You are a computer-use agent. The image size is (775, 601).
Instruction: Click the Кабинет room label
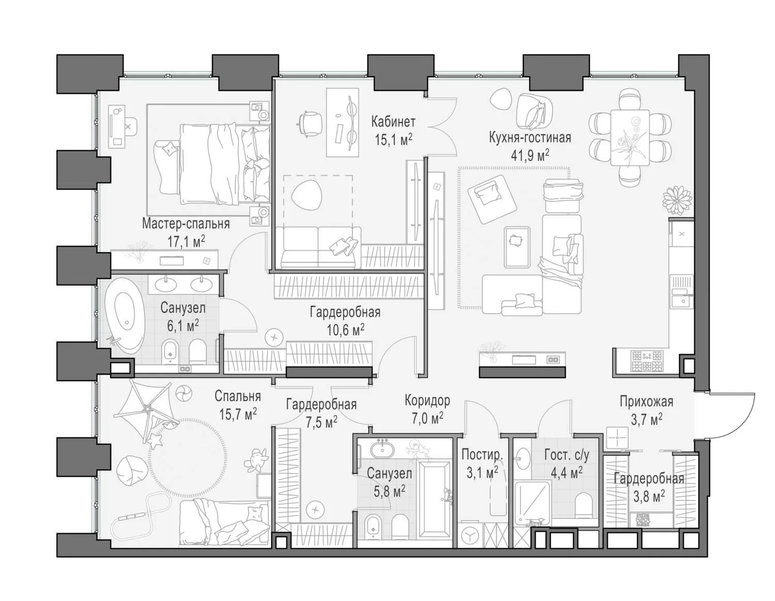click(x=393, y=121)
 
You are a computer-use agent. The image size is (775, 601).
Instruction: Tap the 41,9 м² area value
click(x=530, y=155)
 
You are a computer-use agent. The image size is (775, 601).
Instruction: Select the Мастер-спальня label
click(x=186, y=224)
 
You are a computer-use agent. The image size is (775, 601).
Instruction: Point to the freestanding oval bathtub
click(x=125, y=315)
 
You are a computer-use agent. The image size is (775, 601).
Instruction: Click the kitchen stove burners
click(x=646, y=361)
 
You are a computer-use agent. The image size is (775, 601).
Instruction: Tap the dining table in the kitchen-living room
click(x=629, y=137)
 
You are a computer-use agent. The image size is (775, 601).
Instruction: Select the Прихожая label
click(x=646, y=402)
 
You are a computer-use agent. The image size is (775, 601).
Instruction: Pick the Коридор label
click(x=427, y=401)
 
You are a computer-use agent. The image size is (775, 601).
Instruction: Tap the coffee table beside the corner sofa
click(x=517, y=247)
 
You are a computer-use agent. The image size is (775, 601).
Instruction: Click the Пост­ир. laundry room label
click(x=482, y=455)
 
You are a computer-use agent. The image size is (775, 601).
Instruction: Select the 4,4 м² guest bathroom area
click(x=567, y=473)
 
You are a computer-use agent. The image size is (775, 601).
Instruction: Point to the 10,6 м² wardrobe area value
click(x=346, y=330)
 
